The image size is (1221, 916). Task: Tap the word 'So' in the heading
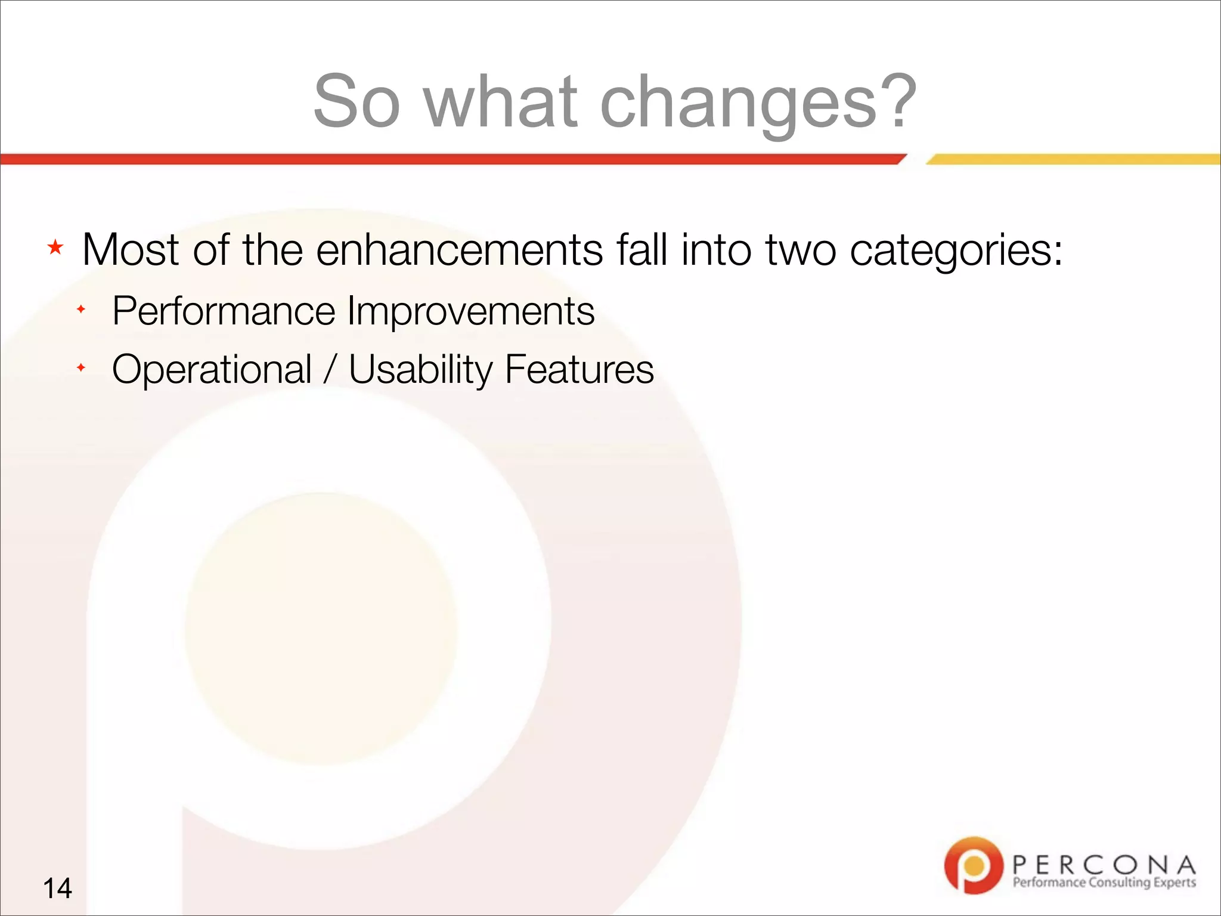[x=356, y=101]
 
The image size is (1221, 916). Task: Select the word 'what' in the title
[x=501, y=101]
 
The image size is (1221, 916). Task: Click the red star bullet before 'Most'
[x=55, y=247]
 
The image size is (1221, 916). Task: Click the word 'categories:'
[x=956, y=250]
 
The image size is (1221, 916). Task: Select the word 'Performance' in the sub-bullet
[x=224, y=311]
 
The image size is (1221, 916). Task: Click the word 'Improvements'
[x=471, y=311]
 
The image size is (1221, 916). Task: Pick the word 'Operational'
[x=212, y=370]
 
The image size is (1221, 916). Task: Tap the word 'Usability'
[x=420, y=370]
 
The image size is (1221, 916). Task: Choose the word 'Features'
[x=579, y=370]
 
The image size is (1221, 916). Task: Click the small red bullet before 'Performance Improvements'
[x=81, y=309]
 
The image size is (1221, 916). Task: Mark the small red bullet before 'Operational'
[x=81, y=367]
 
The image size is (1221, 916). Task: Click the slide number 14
[x=57, y=888]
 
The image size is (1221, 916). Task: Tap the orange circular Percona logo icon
[x=973, y=865]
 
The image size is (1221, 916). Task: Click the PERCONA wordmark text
[x=1104, y=864]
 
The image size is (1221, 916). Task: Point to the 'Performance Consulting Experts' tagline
[x=1104, y=883]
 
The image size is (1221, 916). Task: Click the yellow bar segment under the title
[x=1073, y=159]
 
